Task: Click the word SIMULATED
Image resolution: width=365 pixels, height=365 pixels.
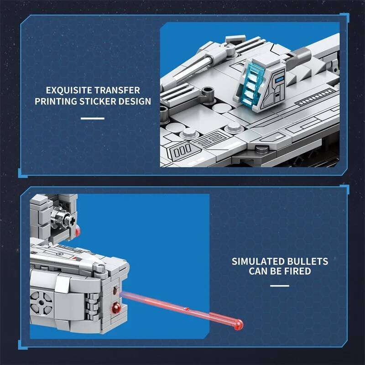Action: coord(257,261)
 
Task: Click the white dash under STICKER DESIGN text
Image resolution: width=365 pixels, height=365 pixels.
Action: coord(93,119)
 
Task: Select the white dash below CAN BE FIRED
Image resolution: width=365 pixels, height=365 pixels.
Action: coord(279,286)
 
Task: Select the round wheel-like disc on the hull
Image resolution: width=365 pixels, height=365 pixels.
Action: coord(39,302)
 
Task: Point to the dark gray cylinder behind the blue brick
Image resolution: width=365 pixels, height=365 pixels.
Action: coord(301,55)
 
